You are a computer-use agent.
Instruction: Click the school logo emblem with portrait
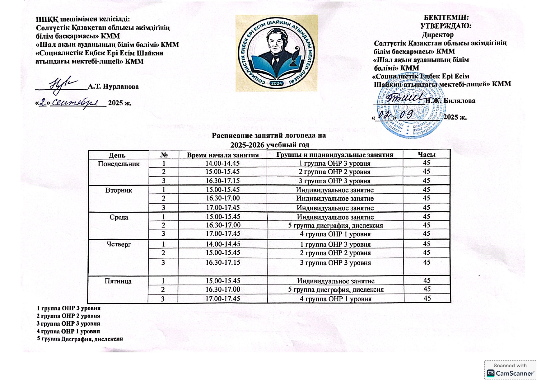276,53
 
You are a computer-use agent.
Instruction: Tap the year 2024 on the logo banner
276,83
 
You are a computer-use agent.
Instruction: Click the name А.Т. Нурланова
113,87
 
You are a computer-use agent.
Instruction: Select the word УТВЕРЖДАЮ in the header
446,26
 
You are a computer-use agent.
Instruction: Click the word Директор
438,35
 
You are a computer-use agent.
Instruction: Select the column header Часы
426,154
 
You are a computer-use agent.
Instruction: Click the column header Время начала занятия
223,155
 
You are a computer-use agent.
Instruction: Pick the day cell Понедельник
119,164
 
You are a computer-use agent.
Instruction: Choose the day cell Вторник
119,190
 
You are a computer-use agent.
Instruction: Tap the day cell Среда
119,217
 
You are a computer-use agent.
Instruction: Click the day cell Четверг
119,244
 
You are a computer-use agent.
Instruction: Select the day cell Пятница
118,281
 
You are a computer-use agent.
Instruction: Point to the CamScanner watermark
510,370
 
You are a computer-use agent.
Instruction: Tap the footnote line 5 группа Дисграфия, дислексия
80,339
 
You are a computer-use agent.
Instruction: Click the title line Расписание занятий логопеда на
269,135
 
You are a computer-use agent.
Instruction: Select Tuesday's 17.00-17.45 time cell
223,208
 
